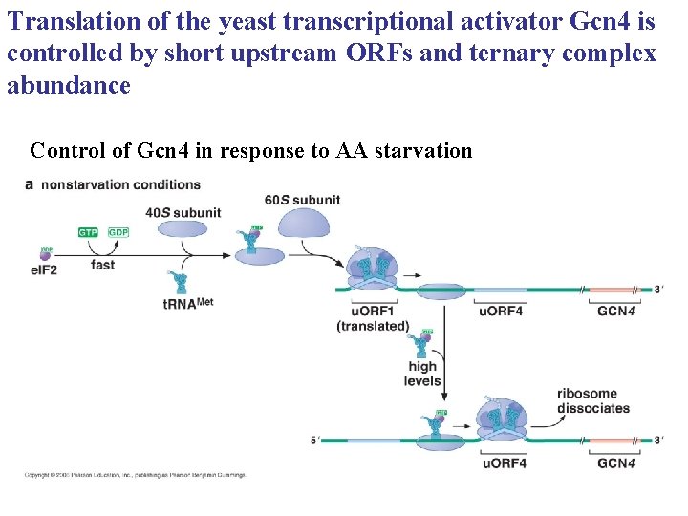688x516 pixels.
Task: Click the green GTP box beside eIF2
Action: coord(87,232)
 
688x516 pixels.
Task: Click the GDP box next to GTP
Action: coord(118,232)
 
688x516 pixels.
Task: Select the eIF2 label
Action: coord(45,271)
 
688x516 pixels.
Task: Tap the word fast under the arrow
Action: coord(103,264)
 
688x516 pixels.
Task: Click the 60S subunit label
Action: coord(302,200)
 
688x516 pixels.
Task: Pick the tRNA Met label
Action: coord(187,305)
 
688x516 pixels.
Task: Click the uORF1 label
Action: coord(371,311)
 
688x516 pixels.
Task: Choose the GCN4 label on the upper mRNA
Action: coord(616,311)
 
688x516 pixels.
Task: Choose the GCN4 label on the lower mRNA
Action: coord(616,463)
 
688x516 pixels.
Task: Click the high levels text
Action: coord(422,374)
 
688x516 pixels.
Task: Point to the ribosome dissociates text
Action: coord(593,400)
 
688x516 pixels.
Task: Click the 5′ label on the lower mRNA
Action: coord(314,441)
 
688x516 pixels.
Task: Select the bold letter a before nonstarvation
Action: coord(29,184)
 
